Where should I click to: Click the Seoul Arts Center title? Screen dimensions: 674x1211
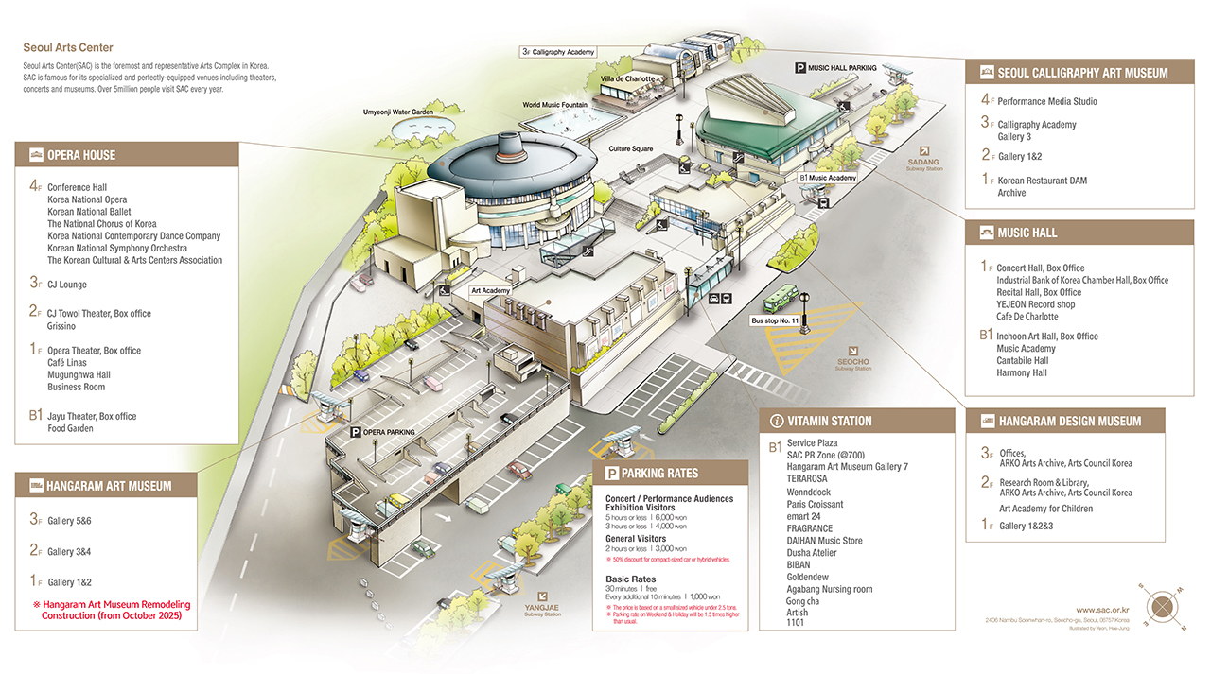tap(68, 48)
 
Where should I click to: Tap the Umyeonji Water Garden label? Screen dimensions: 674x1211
tap(398, 112)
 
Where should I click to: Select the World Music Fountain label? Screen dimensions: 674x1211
tap(555, 105)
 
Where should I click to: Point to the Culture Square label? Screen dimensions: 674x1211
tap(631, 149)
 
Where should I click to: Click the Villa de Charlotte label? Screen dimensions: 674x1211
tap(627, 78)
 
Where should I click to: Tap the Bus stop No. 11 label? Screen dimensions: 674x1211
tap(775, 320)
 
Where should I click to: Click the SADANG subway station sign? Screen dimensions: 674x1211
tap(925, 158)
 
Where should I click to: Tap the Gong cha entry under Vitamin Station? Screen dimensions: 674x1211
tap(802, 601)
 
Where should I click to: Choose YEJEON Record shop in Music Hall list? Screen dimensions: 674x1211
tap(1035, 304)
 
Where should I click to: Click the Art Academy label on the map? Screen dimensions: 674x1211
tap(490, 291)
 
